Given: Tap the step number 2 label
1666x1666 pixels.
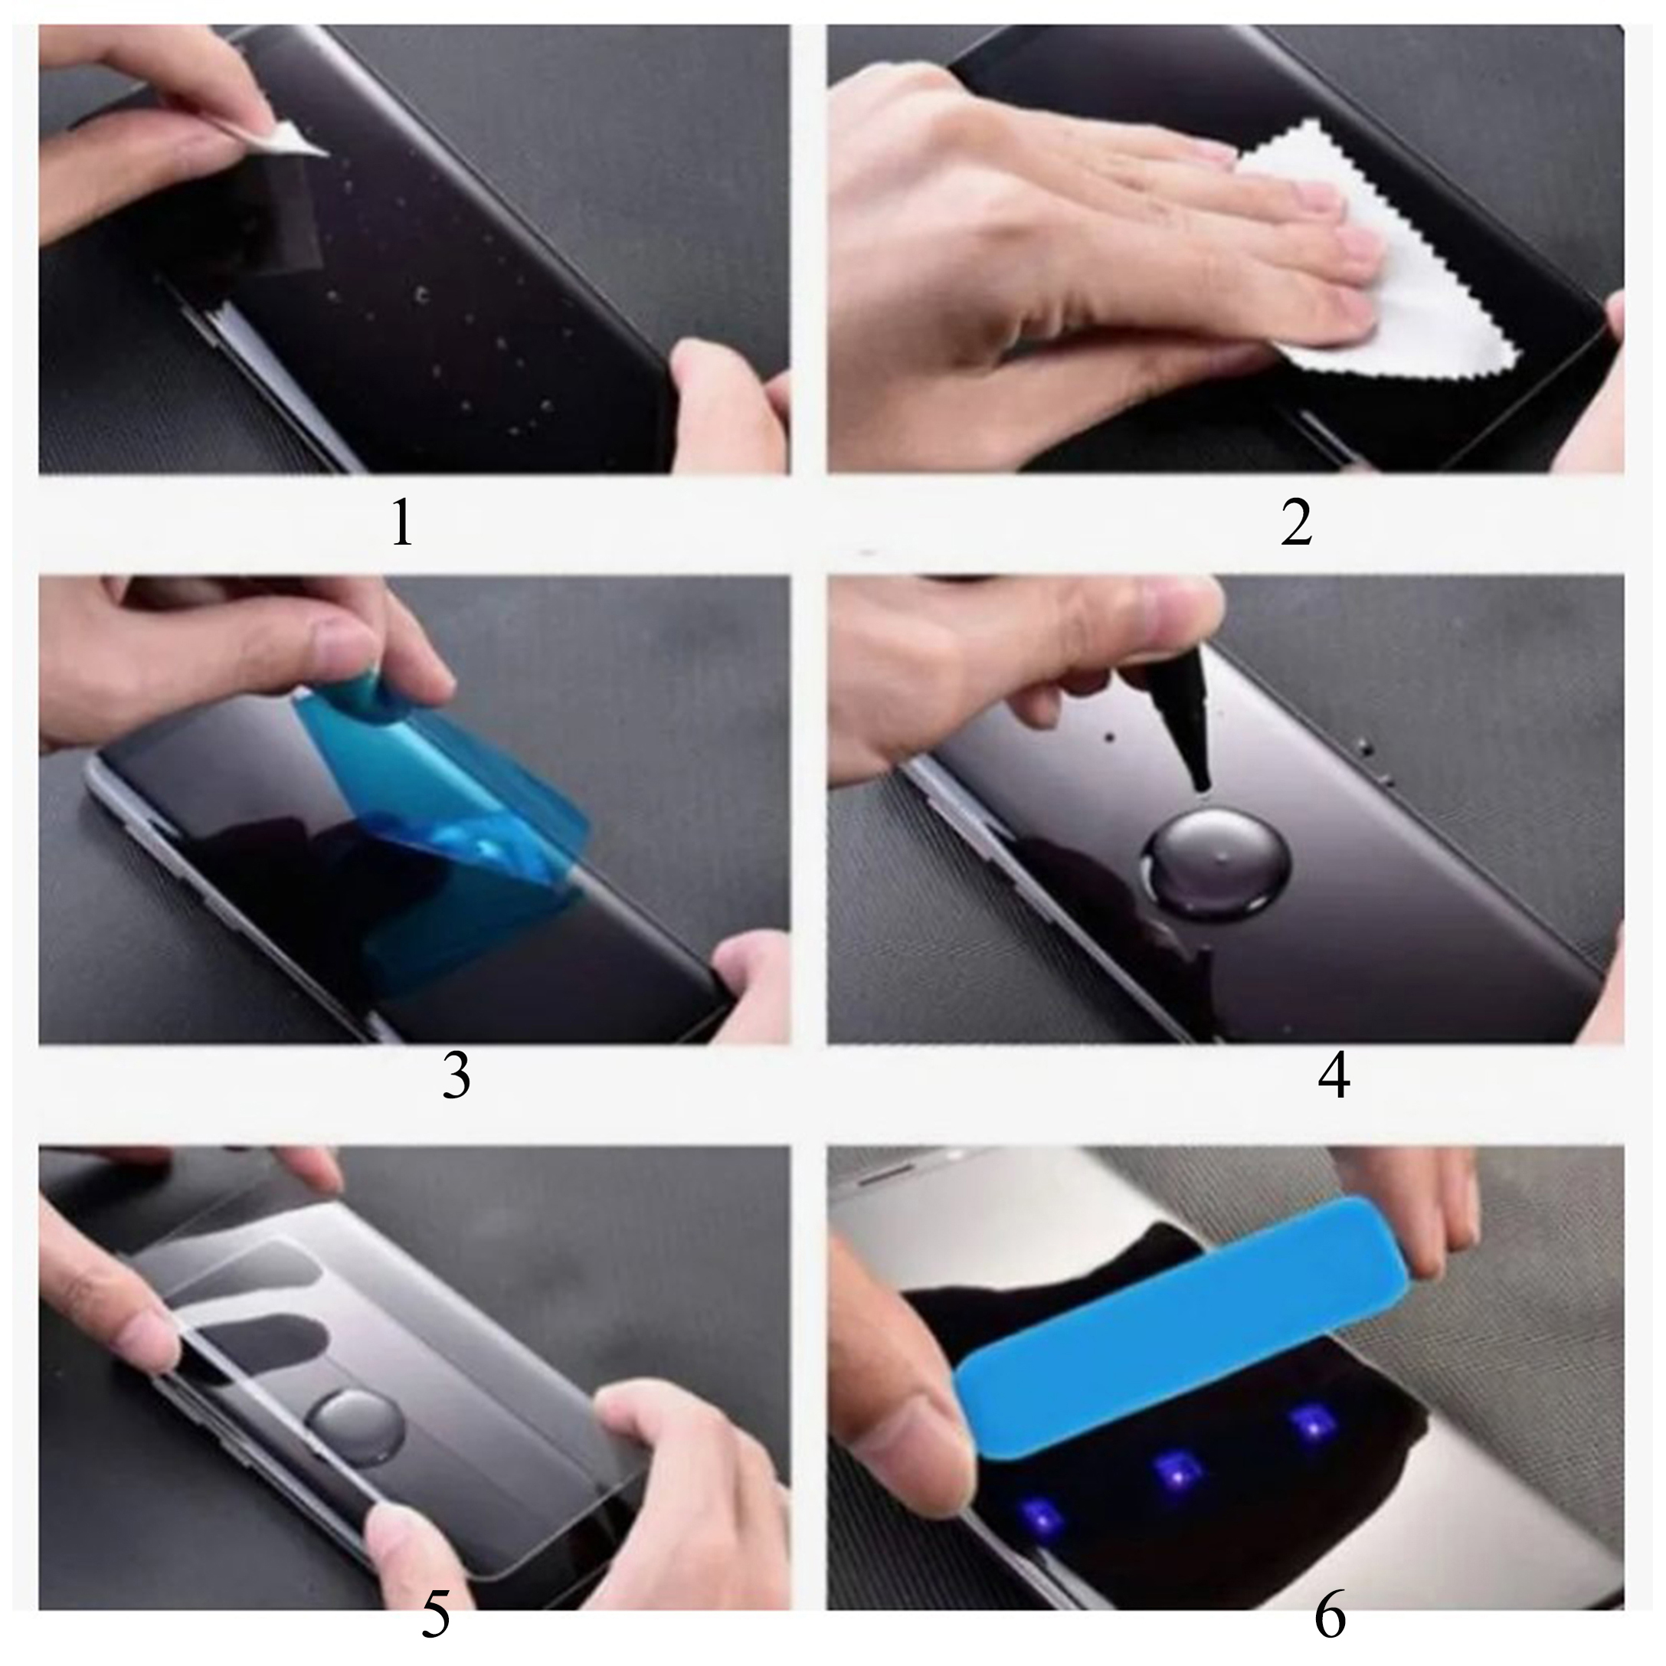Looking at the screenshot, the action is tap(1296, 522).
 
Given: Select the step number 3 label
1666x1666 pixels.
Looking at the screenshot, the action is tap(457, 1075).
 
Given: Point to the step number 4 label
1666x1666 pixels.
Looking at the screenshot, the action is tap(1334, 1075).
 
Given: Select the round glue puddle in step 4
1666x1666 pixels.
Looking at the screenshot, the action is tap(1216, 862).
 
